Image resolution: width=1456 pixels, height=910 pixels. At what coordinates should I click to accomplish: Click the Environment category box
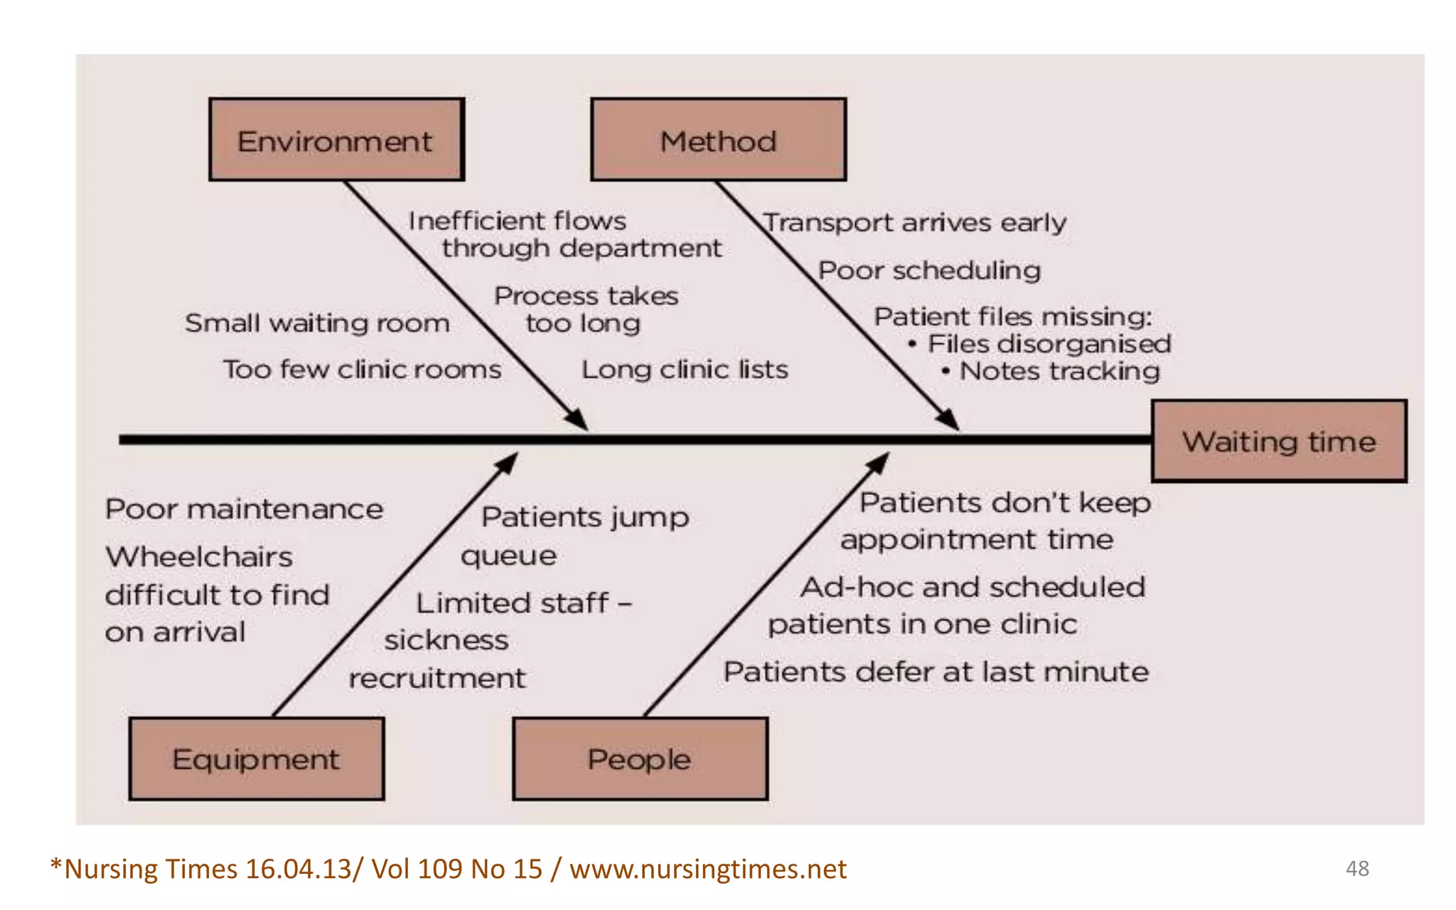pyautogui.click(x=336, y=140)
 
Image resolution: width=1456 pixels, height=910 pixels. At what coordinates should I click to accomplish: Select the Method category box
pyautogui.click(x=718, y=140)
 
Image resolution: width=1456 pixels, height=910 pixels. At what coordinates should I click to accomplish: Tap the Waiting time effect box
pyautogui.click(x=1278, y=441)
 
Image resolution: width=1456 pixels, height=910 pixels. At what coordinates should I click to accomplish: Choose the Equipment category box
pyautogui.click(x=257, y=758)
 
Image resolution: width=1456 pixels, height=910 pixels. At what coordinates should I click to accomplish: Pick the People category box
pyautogui.click(x=640, y=758)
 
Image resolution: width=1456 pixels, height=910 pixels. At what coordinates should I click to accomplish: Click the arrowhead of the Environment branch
pyautogui.click(x=577, y=419)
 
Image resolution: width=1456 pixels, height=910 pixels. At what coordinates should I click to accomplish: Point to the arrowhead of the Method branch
pyautogui.click(x=948, y=419)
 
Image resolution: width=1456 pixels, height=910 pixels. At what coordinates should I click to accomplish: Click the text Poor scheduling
pyautogui.click(x=929, y=271)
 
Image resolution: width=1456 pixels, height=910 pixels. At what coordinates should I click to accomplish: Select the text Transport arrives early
pyautogui.click(x=915, y=223)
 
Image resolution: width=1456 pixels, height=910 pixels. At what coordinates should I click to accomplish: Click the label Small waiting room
pyautogui.click(x=317, y=323)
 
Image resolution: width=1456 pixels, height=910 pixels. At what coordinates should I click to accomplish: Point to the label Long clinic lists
pyautogui.click(x=685, y=369)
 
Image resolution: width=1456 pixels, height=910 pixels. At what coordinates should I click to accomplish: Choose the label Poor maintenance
pyautogui.click(x=244, y=509)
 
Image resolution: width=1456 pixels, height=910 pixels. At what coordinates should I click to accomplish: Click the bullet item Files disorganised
pyautogui.click(x=1049, y=344)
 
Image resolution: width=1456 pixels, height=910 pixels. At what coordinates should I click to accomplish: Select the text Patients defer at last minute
pyautogui.click(x=936, y=672)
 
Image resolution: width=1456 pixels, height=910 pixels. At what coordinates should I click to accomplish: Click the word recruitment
pyautogui.click(x=437, y=678)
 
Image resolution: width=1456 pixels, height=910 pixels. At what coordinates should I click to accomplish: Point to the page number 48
pyautogui.click(x=1357, y=868)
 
